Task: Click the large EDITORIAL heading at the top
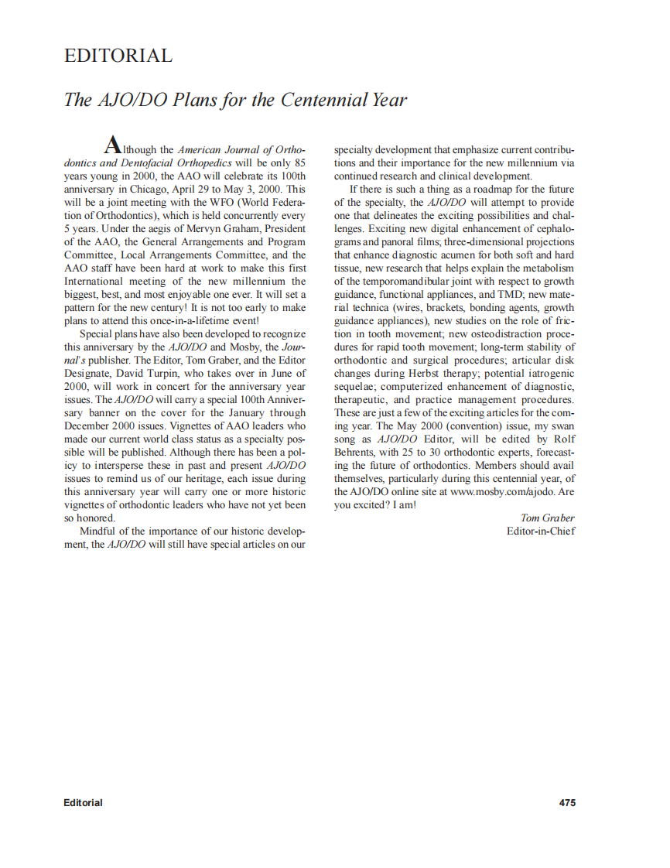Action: click(x=118, y=56)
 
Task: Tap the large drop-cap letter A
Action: click(x=112, y=145)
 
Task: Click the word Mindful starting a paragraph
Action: click(x=98, y=531)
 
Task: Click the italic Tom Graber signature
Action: click(x=549, y=518)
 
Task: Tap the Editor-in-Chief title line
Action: click(x=541, y=531)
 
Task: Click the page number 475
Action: click(x=566, y=802)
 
